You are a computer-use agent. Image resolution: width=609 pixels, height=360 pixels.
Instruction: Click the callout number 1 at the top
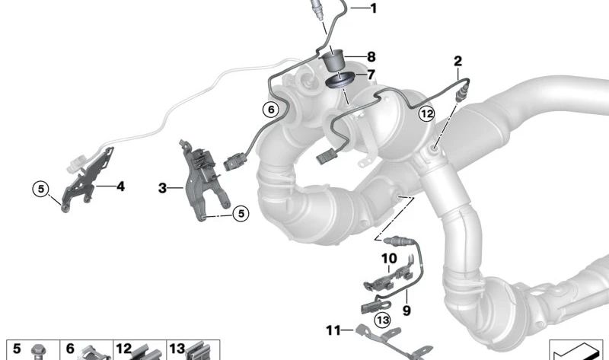(x=374, y=8)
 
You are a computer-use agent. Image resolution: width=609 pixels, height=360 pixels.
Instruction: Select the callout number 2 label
(x=458, y=61)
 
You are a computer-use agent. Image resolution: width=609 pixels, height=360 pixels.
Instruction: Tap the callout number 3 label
(x=162, y=188)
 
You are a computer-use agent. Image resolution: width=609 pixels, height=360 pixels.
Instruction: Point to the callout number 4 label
(x=121, y=186)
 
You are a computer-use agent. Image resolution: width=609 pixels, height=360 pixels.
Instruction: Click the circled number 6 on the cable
(x=271, y=110)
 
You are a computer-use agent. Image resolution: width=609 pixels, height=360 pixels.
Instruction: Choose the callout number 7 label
(x=371, y=74)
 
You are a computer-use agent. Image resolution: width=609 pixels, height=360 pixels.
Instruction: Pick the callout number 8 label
(x=371, y=57)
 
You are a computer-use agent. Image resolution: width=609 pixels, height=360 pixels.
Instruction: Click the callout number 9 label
(x=407, y=311)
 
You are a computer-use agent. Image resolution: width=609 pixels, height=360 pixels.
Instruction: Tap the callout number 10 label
(x=389, y=258)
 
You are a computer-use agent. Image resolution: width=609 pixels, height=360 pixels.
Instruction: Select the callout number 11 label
(x=333, y=330)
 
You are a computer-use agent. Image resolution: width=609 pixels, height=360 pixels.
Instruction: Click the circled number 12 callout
(x=426, y=114)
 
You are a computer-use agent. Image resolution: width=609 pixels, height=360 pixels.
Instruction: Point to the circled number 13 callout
(x=383, y=320)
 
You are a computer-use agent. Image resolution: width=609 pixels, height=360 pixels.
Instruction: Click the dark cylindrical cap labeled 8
(x=333, y=60)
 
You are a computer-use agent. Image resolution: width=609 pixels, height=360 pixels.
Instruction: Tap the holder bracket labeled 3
(x=202, y=179)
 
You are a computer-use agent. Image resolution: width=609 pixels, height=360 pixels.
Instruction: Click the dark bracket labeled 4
(x=88, y=180)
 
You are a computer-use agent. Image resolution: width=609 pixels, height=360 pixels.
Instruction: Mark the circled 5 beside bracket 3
(x=241, y=213)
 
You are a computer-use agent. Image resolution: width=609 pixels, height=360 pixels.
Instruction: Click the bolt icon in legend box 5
(x=38, y=352)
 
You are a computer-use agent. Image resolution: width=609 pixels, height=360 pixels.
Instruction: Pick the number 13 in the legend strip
(x=177, y=349)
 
